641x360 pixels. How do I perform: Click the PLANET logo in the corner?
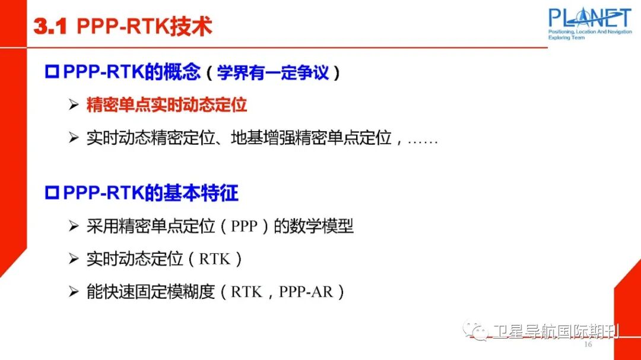pos(589,17)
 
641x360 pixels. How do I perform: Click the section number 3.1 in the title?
pos(52,27)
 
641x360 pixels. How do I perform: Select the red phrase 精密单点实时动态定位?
pos(167,106)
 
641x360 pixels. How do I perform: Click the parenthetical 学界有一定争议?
pos(272,73)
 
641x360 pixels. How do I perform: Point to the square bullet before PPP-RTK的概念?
pos(52,72)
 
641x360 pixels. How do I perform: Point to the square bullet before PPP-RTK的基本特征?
pos(52,193)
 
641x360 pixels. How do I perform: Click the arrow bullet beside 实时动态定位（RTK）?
pos(74,259)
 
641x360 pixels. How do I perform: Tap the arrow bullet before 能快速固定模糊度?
pos(74,292)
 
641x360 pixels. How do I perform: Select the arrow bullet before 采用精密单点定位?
pos(74,227)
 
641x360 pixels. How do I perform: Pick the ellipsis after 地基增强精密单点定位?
pos(423,141)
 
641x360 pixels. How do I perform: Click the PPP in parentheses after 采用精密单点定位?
pos(243,227)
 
